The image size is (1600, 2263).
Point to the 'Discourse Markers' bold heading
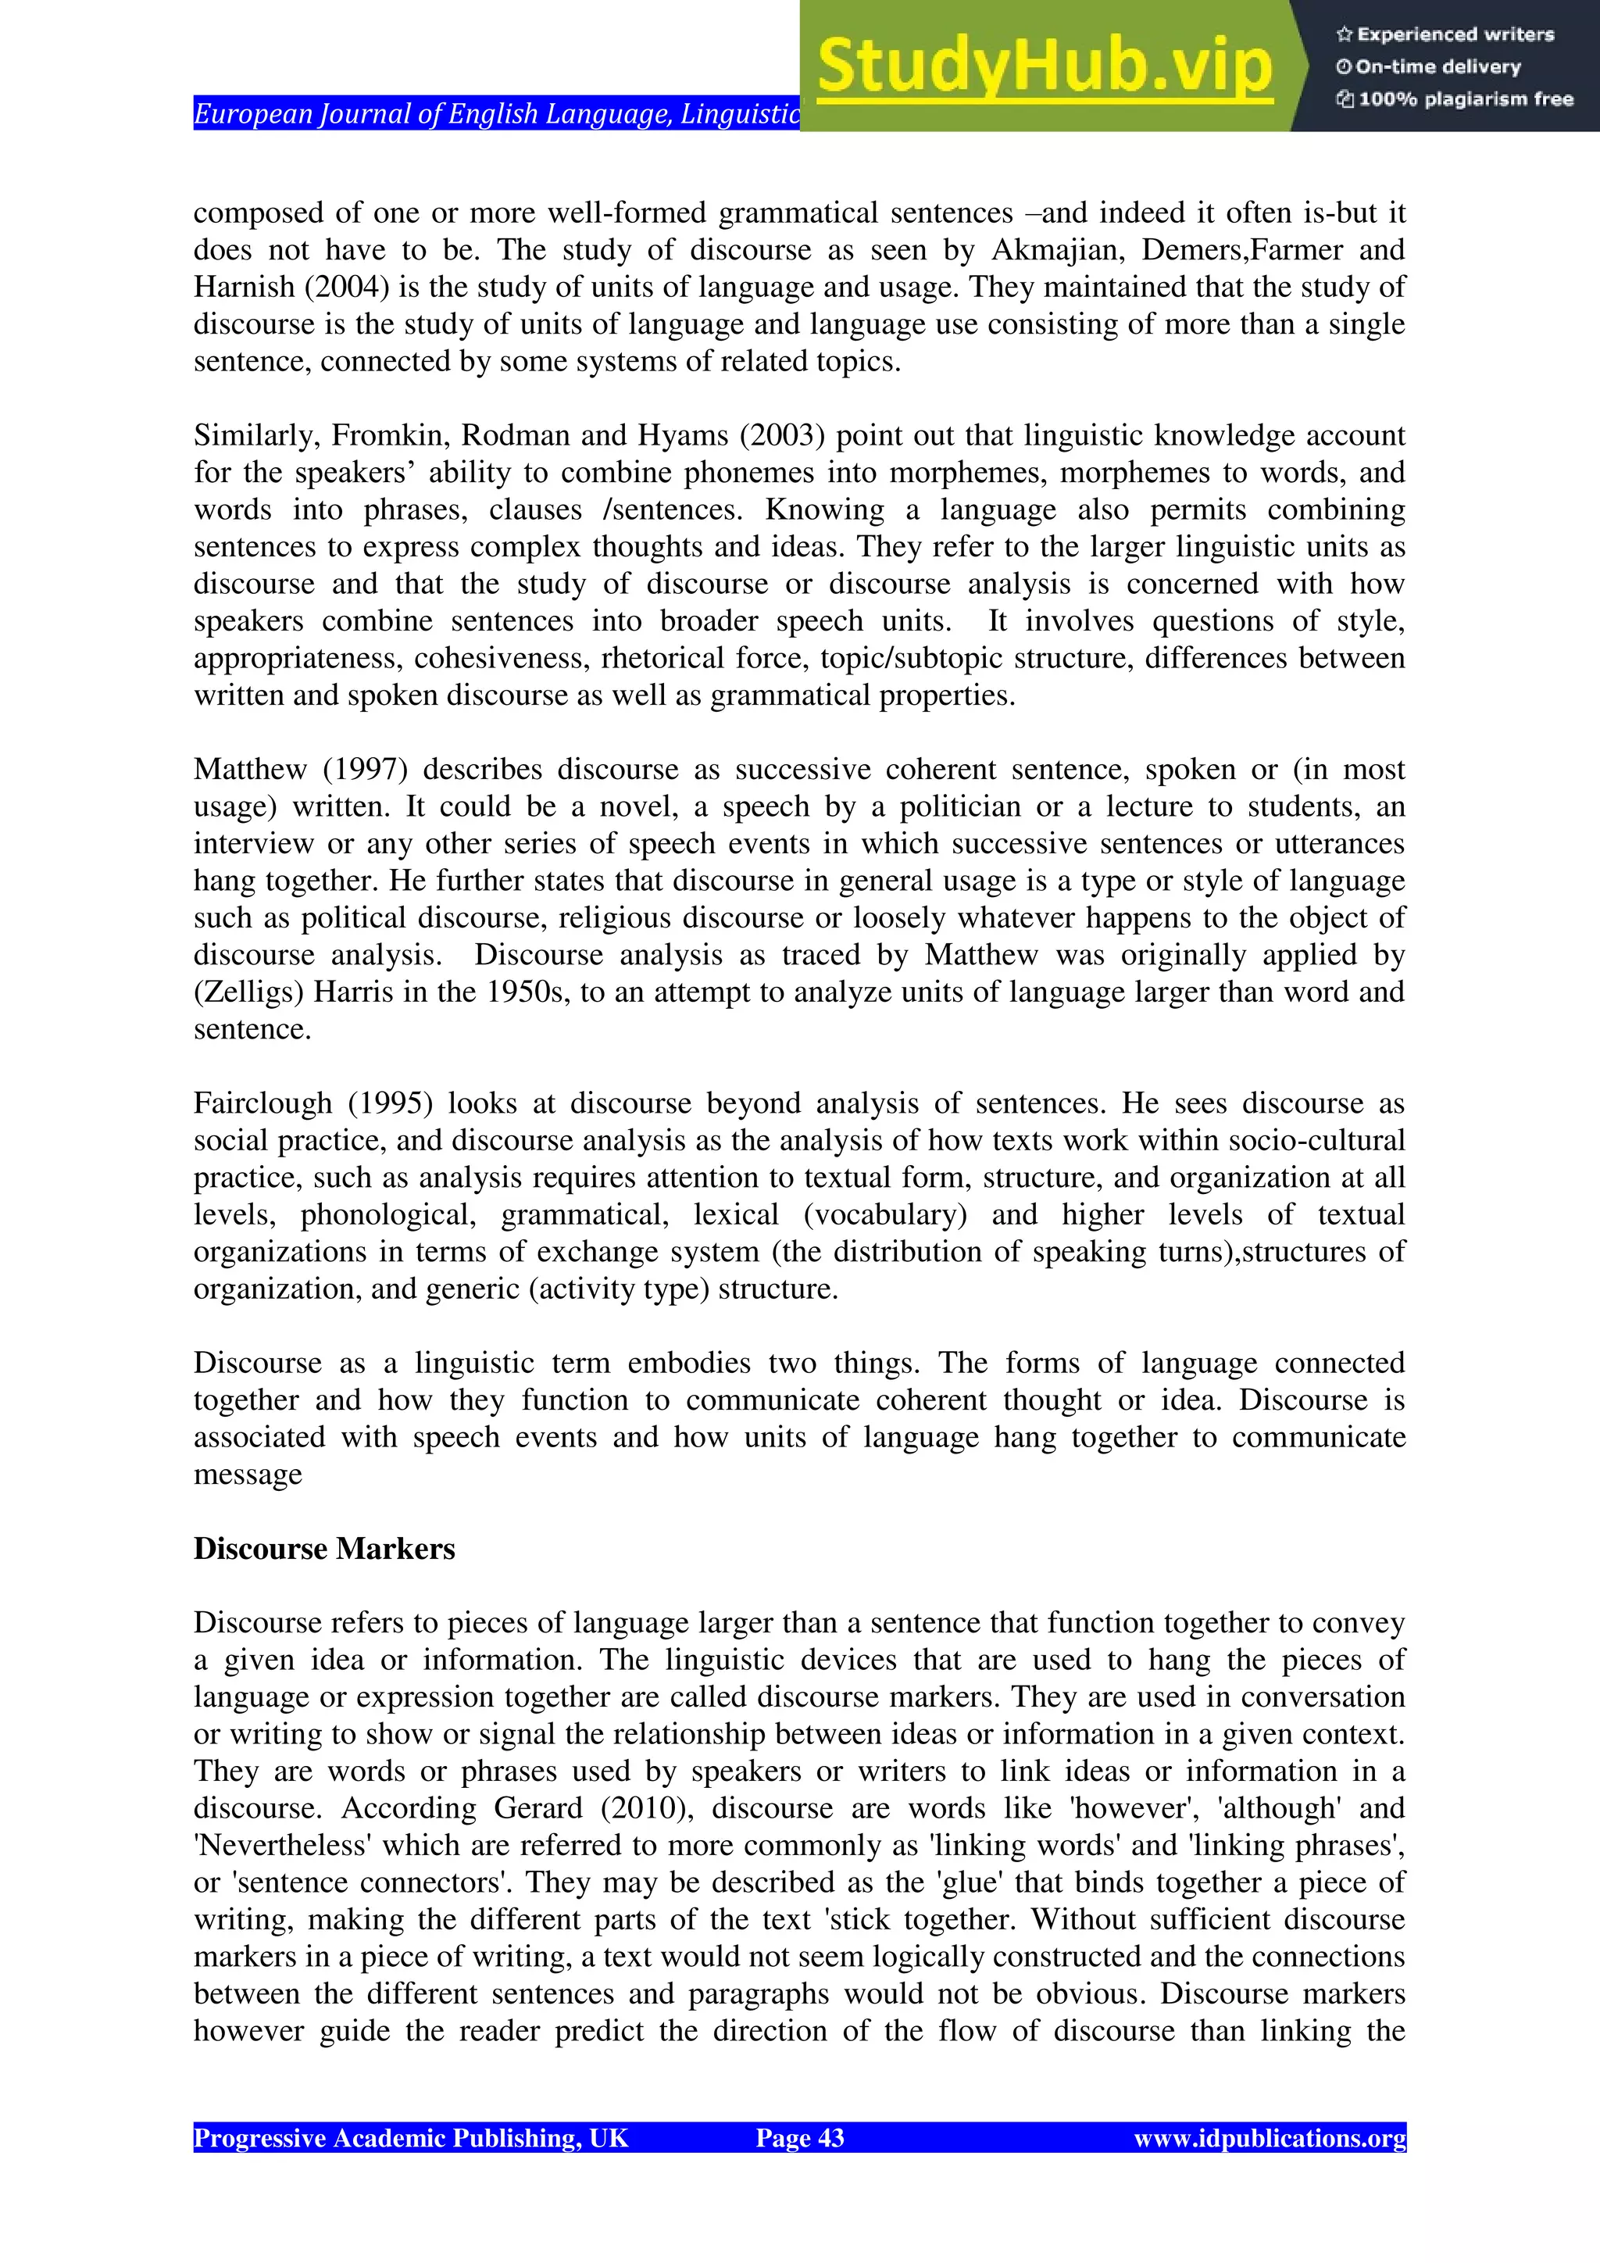pyautogui.click(x=324, y=1549)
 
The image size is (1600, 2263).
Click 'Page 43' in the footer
pyautogui.click(x=799, y=2138)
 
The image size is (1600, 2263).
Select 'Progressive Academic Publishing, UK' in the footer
pyautogui.click(x=411, y=2138)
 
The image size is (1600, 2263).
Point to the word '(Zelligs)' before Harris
pyautogui.click(x=248, y=992)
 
